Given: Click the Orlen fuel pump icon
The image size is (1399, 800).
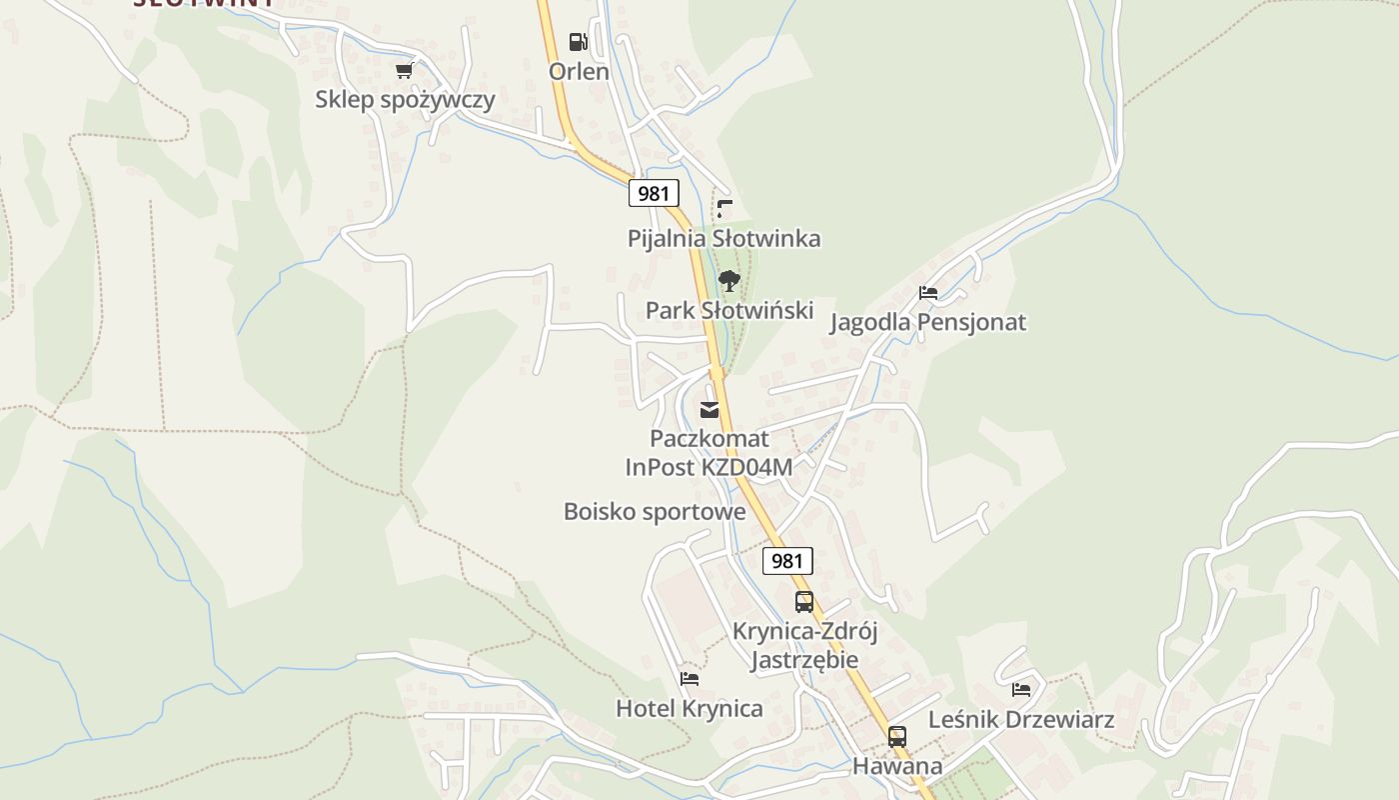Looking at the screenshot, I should coord(578,42).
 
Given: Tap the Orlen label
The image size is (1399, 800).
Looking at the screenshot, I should coord(579,72).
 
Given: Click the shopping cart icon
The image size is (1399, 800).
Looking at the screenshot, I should coord(404,70).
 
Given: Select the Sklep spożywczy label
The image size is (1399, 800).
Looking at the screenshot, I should coord(405,100).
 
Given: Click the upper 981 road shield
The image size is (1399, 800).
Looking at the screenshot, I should coord(654,193).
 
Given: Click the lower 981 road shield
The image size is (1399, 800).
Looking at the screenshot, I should coord(787,561).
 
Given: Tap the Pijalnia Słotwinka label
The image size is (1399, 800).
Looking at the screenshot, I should coord(724,239).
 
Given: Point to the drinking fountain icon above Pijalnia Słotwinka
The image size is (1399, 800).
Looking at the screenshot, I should coord(725,209).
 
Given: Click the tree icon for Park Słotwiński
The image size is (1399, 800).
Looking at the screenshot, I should coord(729,281).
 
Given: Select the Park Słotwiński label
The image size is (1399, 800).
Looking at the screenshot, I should coord(729,311).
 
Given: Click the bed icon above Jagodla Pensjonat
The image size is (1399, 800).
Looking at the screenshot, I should coord(928,293).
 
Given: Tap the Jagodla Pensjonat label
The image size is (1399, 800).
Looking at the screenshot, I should coord(928,323).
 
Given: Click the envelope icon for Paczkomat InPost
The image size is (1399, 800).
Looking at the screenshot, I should coord(709,410).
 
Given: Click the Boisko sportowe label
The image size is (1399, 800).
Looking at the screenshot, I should coord(655,512).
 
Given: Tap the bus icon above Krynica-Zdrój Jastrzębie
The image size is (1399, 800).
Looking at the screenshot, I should coord(804,602).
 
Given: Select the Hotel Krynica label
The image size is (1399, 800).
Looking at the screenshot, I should coord(689,709).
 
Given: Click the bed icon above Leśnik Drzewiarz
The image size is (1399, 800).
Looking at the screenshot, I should coord(1021,690).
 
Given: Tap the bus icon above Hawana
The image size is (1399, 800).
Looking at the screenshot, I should coord(897,737).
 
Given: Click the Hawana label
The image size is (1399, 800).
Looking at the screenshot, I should coord(897,767).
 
